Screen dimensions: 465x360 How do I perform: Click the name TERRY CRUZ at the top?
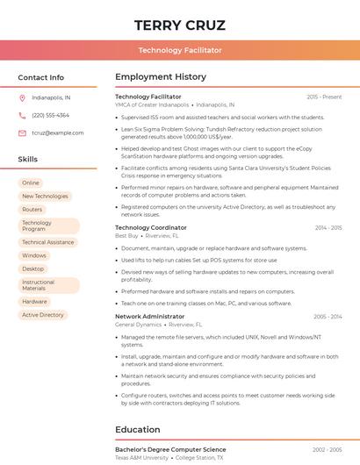point(180,25)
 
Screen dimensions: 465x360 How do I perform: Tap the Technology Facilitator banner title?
point(180,51)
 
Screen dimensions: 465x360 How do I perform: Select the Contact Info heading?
point(40,77)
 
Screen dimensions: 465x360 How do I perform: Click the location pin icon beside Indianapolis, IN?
point(22,98)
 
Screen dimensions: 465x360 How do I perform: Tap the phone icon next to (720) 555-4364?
point(22,115)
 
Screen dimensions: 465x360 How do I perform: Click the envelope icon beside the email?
point(22,132)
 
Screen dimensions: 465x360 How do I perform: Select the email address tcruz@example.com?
point(58,132)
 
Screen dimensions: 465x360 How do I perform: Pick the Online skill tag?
point(31,182)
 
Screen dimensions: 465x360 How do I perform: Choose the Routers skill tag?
point(32,210)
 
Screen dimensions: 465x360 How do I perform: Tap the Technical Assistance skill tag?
point(48,242)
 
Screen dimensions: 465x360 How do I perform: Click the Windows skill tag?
point(34,255)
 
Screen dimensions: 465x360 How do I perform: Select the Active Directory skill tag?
point(43,315)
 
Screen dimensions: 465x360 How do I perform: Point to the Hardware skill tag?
point(35,301)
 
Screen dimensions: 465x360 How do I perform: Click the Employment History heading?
point(161,77)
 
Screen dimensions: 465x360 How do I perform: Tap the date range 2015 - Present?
point(324,97)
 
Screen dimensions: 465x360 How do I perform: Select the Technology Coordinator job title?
point(151,227)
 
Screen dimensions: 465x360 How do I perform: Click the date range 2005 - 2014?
point(328,316)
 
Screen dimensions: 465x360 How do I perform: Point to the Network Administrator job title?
point(150,316)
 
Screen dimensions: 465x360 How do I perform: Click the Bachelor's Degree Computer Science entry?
point(170,449)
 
